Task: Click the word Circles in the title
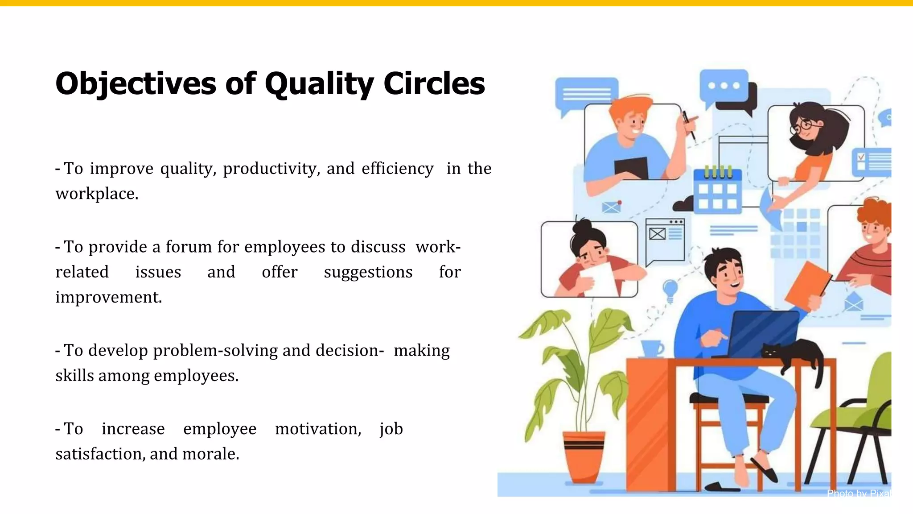click(x=434, y=84)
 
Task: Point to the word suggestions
click(x=368, y=272)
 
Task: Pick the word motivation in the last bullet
click(x=318, y=429)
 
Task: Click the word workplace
click(x=97, y=194)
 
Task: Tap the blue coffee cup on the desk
click(x=652, y=348)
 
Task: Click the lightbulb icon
click(x=670, y=288)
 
